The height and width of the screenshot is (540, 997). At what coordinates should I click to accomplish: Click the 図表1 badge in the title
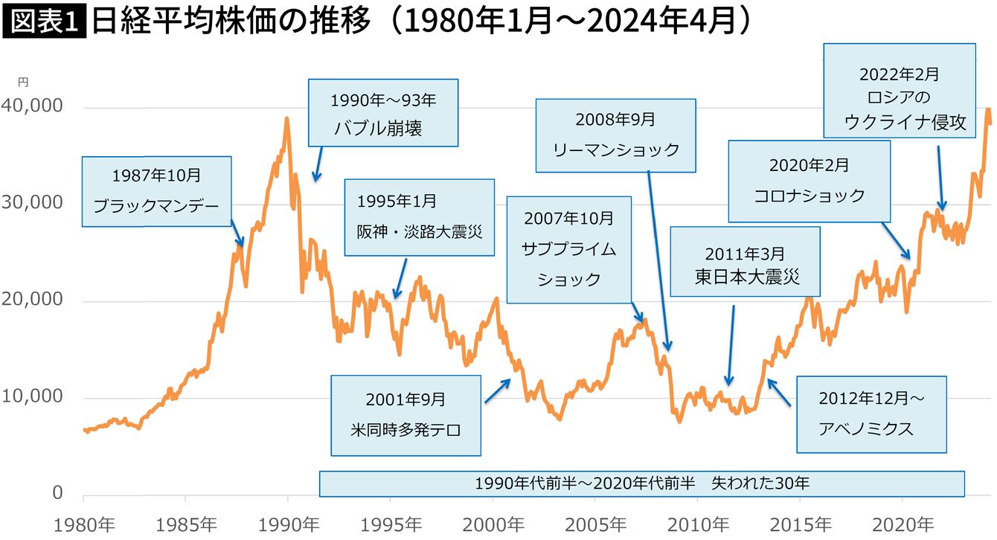[45, 22]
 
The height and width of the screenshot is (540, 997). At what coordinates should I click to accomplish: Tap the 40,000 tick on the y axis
[33, 106]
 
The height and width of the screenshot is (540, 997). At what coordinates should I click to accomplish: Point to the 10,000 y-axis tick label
[33, 396]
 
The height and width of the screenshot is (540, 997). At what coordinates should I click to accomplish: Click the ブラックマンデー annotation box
[156, 190]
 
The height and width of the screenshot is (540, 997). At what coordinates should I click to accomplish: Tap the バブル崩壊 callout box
[383, 112]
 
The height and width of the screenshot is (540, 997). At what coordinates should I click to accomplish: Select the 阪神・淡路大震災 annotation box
[420, 216]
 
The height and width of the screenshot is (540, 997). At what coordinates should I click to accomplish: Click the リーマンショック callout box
[615, 135]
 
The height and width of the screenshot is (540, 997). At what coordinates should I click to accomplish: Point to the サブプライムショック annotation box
[568, 249]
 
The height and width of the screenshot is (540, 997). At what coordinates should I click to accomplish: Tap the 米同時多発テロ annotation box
[405, 414]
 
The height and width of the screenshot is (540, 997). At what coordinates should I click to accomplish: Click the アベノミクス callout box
[871, 414]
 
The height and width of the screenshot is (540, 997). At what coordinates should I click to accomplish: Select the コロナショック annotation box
[809, 181]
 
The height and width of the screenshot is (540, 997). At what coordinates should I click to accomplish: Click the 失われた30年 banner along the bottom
[641, 483]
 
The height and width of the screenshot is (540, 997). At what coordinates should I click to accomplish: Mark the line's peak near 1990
[286, 118]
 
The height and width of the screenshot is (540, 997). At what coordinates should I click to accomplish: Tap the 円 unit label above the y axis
[23, 83]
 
